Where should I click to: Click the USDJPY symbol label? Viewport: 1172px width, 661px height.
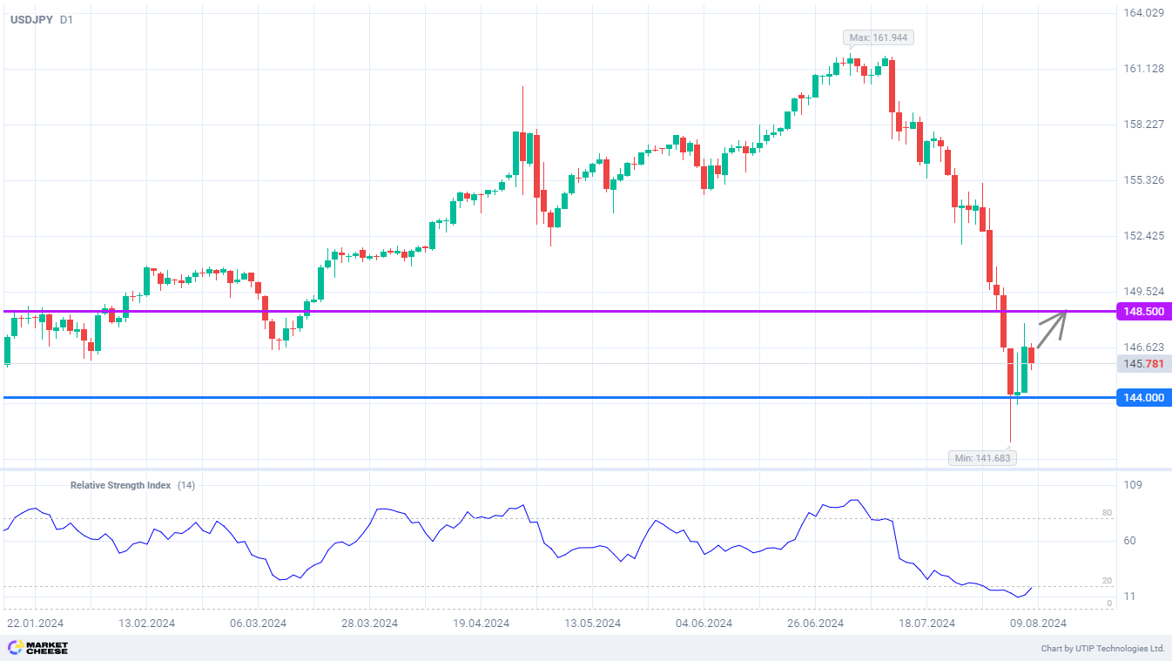pos(30,19)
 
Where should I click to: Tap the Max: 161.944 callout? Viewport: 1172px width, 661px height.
pos(879,37)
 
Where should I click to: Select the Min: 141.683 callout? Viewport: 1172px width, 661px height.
pos(982,457)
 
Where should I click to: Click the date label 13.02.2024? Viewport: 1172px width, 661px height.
pos(146,624)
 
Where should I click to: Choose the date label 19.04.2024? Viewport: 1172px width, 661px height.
pos(480,624)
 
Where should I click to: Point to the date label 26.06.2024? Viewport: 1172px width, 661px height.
pos(815,624)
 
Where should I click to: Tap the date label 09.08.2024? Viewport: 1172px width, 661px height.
pos(1038,624)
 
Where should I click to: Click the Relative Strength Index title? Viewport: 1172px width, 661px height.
pos(120,485)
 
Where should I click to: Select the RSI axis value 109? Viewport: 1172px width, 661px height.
pos(1132,485)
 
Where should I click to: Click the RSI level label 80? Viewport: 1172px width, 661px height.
pos(1107,513)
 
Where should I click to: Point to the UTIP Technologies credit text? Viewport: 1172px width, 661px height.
pos(1102,649)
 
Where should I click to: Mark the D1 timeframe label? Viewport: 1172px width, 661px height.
pos(67,19)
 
